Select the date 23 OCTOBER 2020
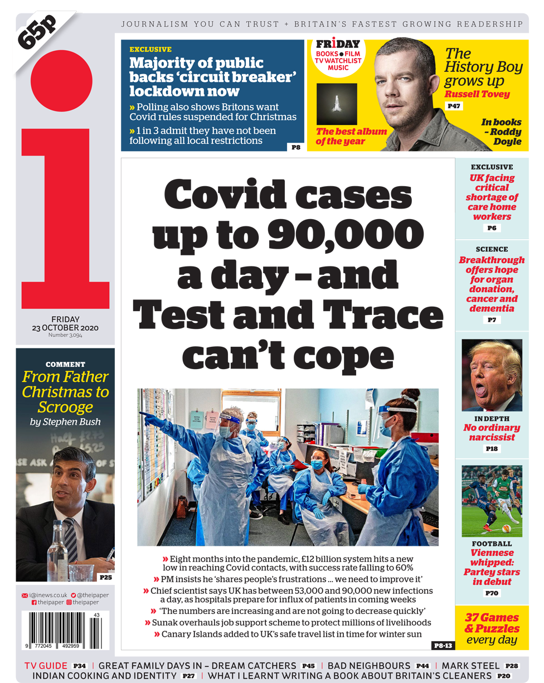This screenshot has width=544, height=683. point(65,328)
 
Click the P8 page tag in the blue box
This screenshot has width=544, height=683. point(295,147)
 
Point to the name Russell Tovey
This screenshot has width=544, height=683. point(477,94)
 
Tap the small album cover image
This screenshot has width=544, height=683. point(336,104)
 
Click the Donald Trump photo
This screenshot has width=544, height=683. point(492,375)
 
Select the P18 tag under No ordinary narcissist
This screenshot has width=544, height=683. point(492,449)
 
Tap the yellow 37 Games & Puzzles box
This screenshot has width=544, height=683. point(492,628)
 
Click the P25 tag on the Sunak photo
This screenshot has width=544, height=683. point(105,577)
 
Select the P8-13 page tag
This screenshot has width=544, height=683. point(443,645)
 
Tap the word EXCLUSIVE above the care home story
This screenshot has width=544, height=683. point(492,167)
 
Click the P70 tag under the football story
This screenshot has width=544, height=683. point(492,593)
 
